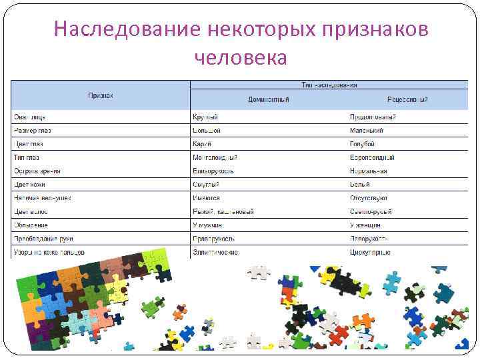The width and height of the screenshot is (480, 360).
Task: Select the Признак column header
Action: point(101,96)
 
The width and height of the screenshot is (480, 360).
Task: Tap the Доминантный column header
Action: point(269,99)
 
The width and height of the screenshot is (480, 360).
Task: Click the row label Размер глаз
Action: point(34,130)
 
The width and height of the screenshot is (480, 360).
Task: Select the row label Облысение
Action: point(31,225)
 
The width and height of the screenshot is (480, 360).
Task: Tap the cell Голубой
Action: point(362,143)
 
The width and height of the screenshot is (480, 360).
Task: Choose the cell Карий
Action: point(202,143)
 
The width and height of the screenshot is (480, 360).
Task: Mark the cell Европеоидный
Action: point(372,157)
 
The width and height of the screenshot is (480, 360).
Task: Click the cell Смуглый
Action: point(206,184)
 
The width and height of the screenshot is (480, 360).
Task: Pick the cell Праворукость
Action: point(214,239)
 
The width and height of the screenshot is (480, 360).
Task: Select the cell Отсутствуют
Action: point(369,198)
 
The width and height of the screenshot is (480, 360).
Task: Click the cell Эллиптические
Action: point(215,252)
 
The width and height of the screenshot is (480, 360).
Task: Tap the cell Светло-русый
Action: point(371,211)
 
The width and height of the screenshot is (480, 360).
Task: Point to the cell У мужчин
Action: point(207,225)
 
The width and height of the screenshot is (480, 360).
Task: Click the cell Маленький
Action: point(367,130)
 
